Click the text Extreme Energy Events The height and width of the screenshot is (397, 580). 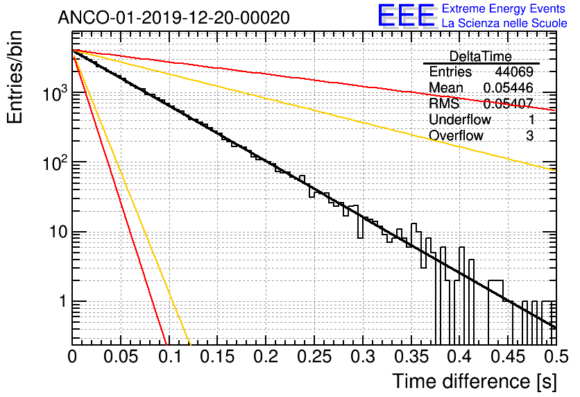[x=504, y=9]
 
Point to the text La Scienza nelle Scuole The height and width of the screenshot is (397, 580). [x=504, y=24]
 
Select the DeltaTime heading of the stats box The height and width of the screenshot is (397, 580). [x=480, y=56]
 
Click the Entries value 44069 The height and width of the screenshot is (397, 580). [x=514, y=72]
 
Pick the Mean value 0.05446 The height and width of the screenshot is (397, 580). [x=508, y=88]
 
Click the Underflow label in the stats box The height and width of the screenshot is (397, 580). [x=460, y=120]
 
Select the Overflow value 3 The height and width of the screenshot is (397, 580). [x=529, y=136]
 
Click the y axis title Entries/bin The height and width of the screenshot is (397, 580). [x=19, y=76]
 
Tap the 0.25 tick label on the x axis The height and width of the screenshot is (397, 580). [x=313, y=357]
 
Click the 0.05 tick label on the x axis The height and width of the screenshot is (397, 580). [x=120, y=357]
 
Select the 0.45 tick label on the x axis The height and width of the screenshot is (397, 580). [x=506, y=357]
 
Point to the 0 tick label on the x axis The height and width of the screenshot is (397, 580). [x=73, y=357]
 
